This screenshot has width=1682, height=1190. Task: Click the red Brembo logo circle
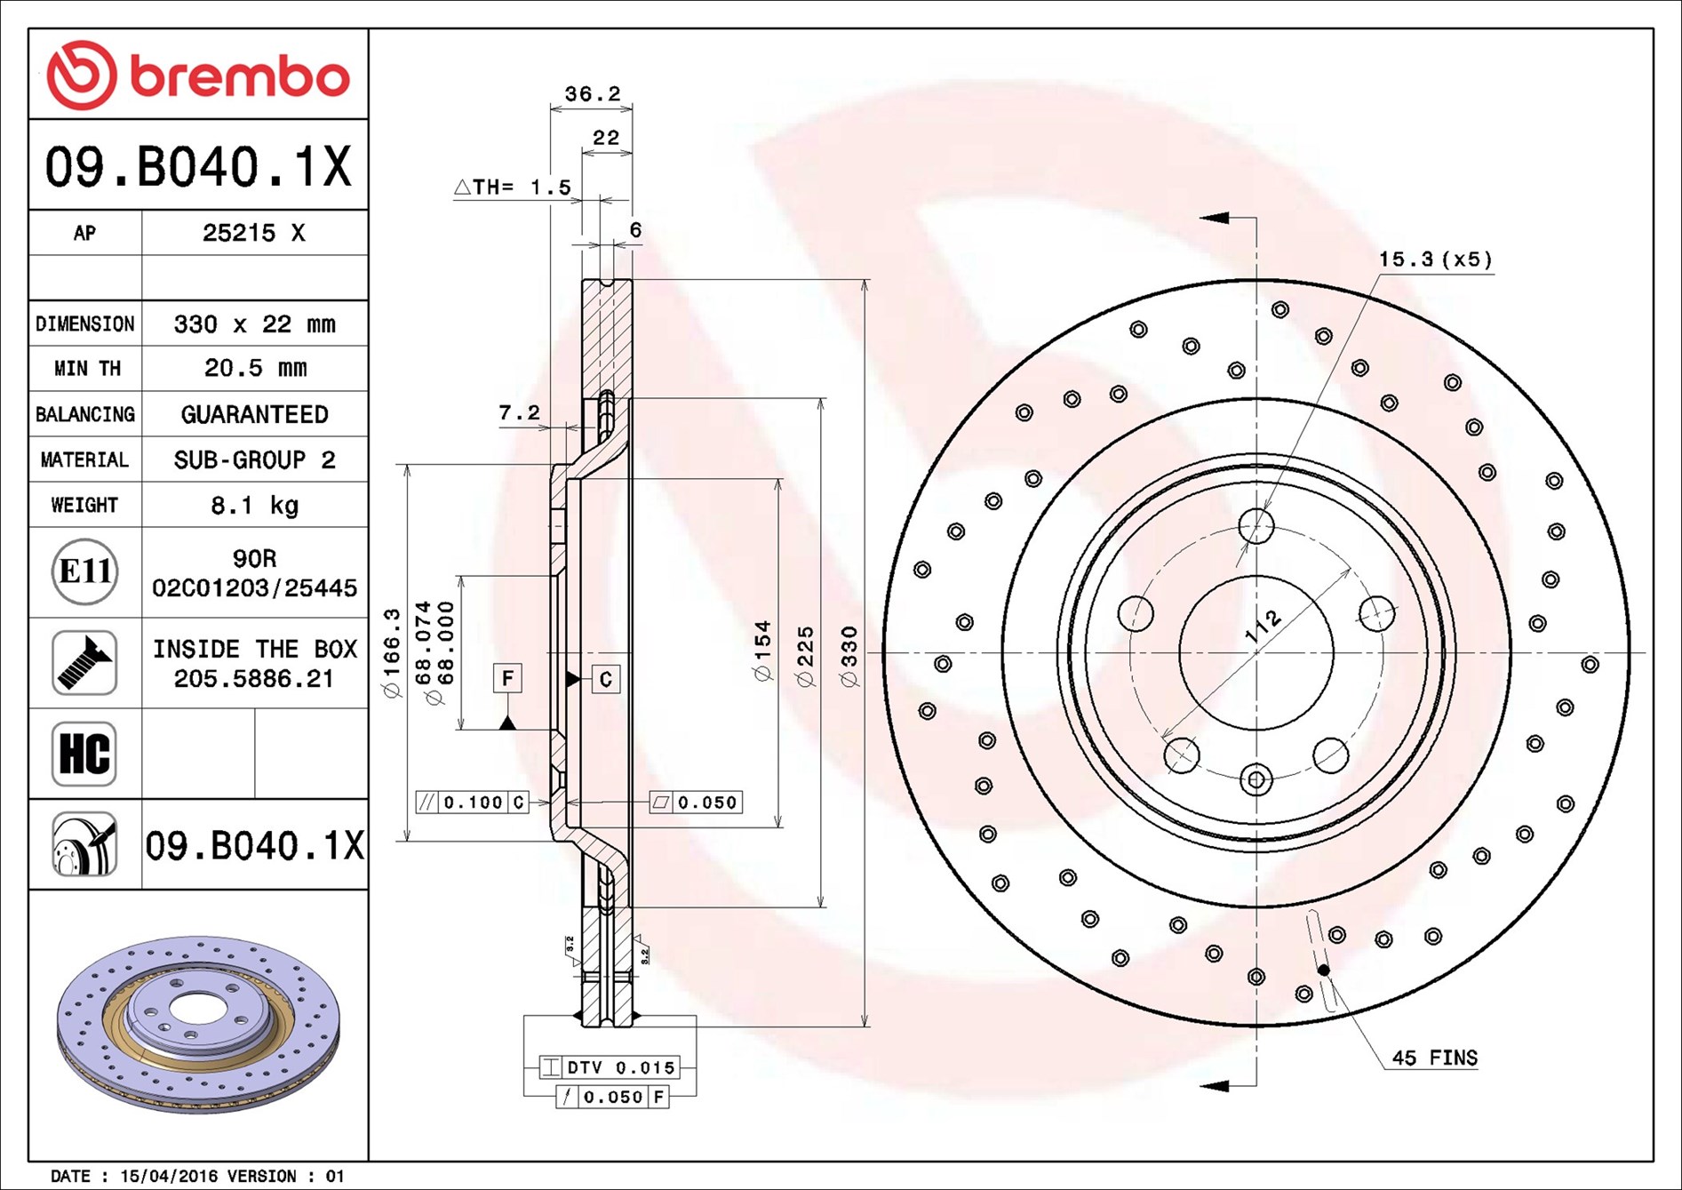click(82, 76)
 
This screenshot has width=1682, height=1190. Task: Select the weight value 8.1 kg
click(254, 506)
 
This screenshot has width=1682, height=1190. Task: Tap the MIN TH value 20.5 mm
click(255, 368)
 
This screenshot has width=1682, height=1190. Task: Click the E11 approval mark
click(84, 571)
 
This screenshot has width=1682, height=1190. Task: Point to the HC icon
click(84, 754)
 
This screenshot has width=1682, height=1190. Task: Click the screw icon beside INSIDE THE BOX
click(84, 663)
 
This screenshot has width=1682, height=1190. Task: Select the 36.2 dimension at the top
click(593, 93)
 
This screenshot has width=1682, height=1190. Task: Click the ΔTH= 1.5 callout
click(513, 187)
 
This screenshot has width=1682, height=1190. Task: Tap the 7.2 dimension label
click(519, 412)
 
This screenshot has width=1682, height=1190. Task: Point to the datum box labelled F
click(507, 678)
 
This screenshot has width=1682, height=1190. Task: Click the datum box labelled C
click(605, 679)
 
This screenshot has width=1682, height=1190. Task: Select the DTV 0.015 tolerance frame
click(610, 1066)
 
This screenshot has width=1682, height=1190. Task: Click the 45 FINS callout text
click(1434, 1058)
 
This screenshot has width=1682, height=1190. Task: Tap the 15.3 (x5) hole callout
click(1435, 260)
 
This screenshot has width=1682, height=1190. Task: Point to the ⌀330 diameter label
click(849, 657)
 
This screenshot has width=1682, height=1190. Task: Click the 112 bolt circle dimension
click(1263, 626)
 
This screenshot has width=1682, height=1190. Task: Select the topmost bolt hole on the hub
click(1256, 526)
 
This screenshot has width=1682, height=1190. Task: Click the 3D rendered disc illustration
click(198, 1024)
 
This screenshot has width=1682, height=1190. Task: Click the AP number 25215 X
click(254, 233)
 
